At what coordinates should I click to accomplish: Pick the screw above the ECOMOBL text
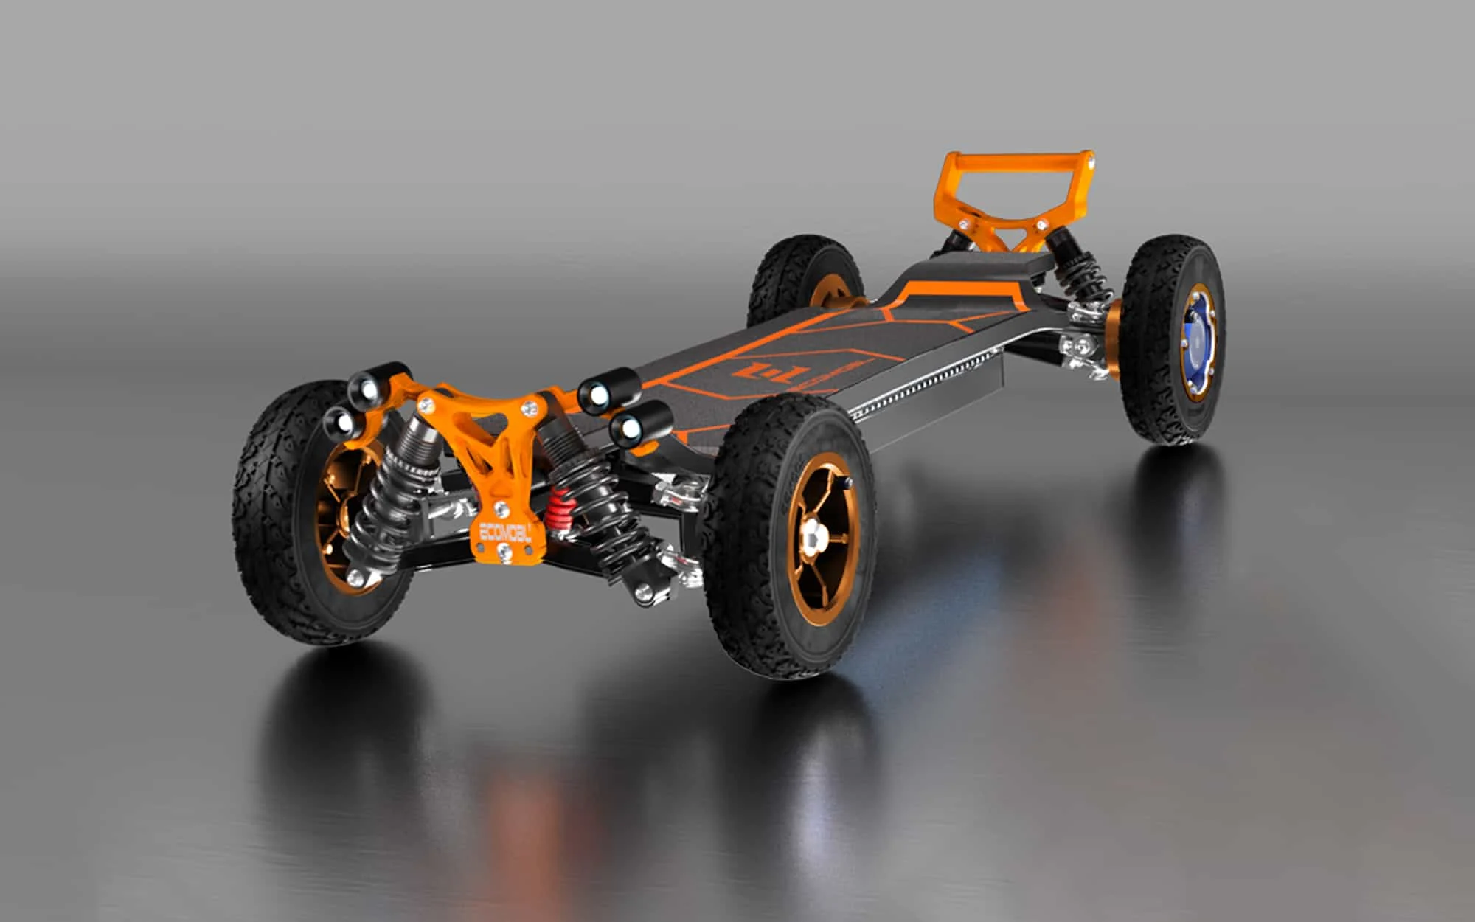click(501, 507)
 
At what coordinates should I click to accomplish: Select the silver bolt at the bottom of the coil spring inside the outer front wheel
click(356, 576)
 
